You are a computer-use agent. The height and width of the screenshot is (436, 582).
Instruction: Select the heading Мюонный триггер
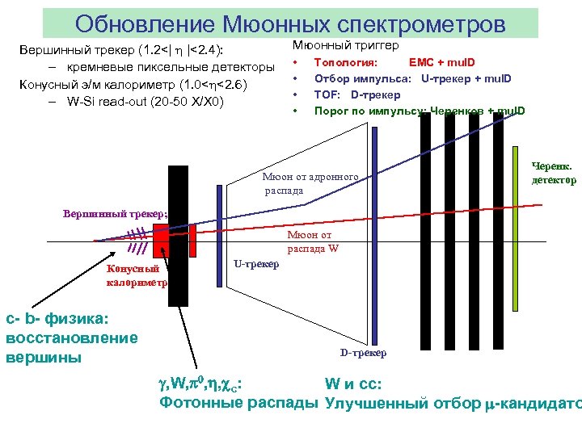click(x=346, y=46)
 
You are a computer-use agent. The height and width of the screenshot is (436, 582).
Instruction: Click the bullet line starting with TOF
click(x=352, y=94)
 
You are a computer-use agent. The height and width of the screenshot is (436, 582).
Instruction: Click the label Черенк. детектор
click(x=554, y=173)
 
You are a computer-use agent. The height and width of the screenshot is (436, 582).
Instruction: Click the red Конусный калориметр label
click(x=136, y=276)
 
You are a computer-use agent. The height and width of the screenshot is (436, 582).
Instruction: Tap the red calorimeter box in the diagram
click(x=161, y=239)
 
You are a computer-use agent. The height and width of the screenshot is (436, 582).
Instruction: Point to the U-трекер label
click(x=255, y=263)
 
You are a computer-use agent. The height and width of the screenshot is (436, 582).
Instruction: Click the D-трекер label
click(x=363, y=353)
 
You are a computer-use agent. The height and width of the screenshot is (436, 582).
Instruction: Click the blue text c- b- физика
click(x=57, y=321)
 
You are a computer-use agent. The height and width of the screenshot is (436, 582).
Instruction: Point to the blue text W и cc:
click(x=353, y=384)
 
